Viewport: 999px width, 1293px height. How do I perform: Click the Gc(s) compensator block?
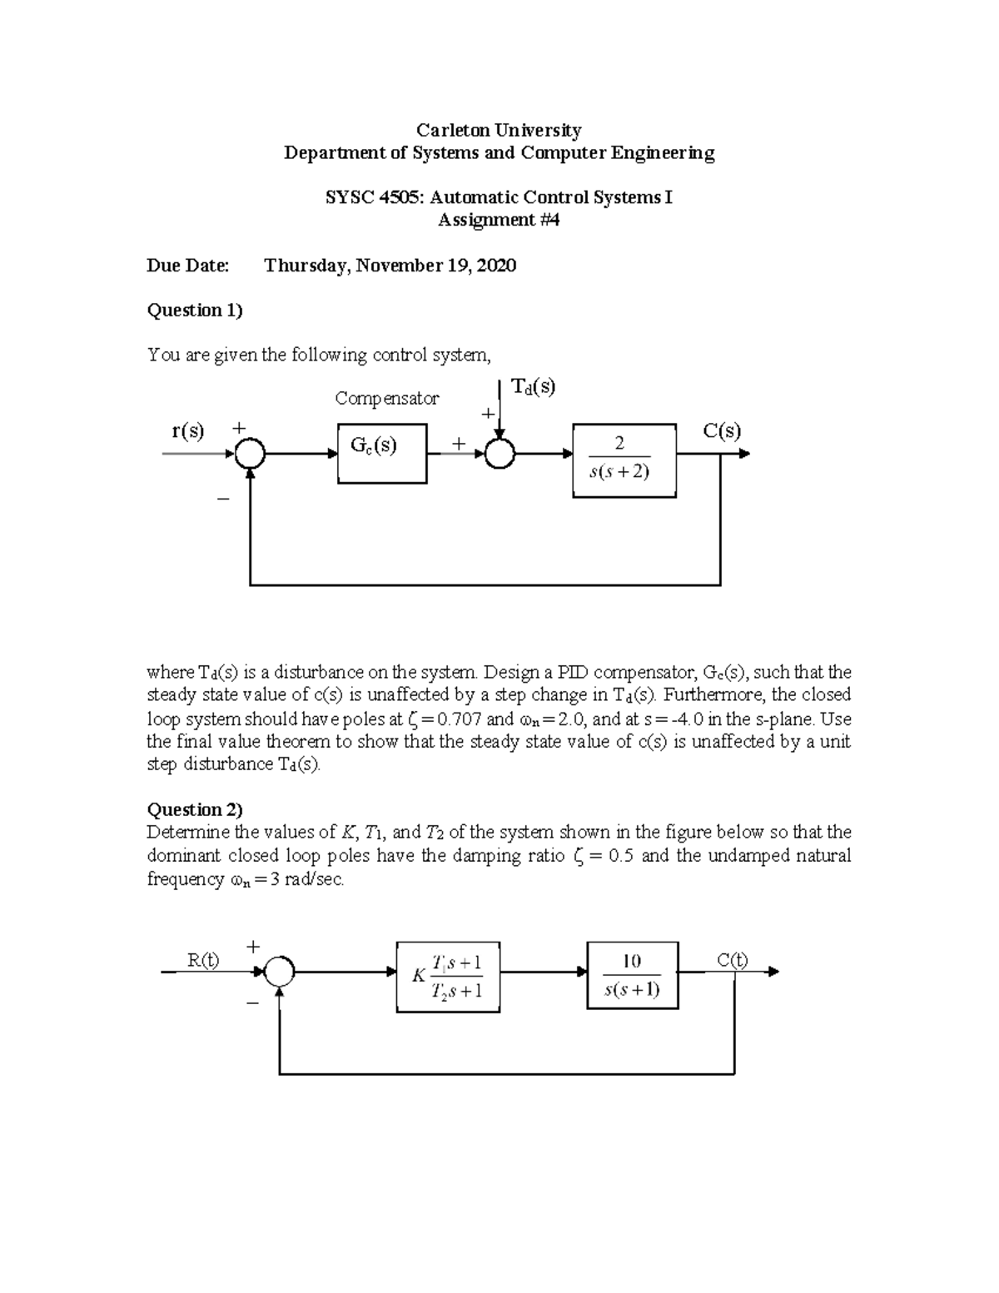[x=382, y=453]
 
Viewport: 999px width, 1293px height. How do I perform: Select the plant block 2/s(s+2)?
[x=624, y=460]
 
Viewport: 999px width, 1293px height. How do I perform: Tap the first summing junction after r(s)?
[x=250, y=454]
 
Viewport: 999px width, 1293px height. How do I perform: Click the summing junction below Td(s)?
[x=500, y=454]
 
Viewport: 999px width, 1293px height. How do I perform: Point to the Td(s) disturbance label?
[x=533, y=387]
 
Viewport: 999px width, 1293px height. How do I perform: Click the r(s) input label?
[x=187, y=430]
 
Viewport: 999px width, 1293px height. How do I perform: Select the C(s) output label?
[x=721, y=430]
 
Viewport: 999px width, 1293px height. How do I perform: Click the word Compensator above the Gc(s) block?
[x=386, y=399]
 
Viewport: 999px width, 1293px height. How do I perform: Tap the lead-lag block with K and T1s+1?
[x=448, y=976]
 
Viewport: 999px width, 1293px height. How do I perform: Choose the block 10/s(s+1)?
[x=632, y=975]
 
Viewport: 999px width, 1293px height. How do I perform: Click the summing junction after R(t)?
[x=280, y=971]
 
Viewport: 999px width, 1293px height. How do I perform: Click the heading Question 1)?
[x=195, y=311]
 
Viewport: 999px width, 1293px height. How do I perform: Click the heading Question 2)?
[x=195, y=809]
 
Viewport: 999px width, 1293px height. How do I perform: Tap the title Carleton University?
[x=499, y=130]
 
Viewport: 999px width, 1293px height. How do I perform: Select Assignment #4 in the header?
[x=499, y=220]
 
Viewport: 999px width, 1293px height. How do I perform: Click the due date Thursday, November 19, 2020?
[x=390, y=266]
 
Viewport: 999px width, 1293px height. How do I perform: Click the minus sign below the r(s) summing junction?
[x=222, y=499]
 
